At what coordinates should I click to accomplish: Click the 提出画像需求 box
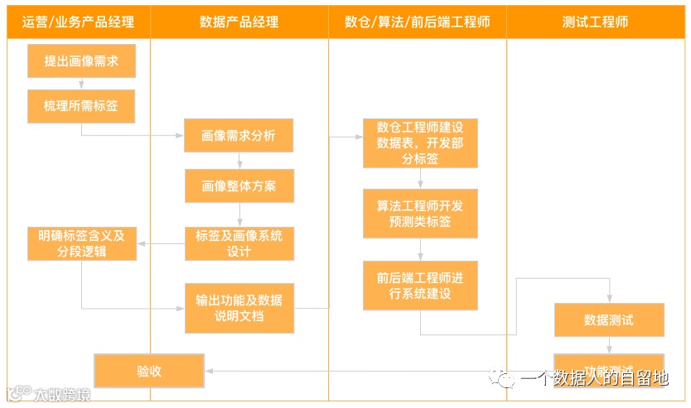[x=81, y=61]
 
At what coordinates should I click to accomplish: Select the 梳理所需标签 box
[x=81, y=106]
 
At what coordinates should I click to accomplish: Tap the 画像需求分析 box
[x=239, y=135]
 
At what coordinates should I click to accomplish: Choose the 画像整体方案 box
[x=239, y=186]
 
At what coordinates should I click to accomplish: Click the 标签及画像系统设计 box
[x=239, y=243]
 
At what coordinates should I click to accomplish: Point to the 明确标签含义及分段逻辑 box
[x=81, y=243]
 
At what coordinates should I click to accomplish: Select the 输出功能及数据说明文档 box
[x=239, y=308]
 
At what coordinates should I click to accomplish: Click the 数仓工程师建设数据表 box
[x=420, y=143]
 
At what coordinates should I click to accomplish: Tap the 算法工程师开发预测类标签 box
[x=420, y=214]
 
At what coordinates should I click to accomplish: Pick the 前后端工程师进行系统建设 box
[x=420, y=286]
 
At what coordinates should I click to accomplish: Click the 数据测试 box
[x=609, y=319]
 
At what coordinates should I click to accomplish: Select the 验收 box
[x=149, y=371]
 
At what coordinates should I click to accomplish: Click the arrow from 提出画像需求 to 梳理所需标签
[x=81, y=84]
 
